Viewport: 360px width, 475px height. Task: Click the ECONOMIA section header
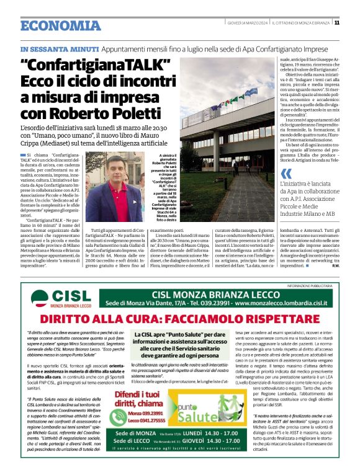click(60, 25)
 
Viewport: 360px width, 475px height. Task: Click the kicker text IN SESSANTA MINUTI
click(59, 49)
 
